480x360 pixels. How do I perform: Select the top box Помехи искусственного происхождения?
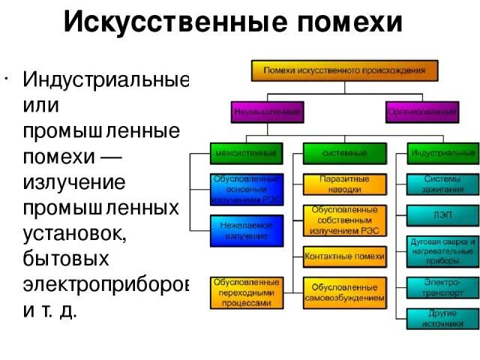coord(344,70)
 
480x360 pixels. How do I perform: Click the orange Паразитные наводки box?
coord(344,184)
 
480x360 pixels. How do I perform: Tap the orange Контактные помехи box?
coord(344,257)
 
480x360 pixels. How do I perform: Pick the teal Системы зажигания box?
coord(443,184)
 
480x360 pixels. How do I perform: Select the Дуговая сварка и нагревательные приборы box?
coord(443,248)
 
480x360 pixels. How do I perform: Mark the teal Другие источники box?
coord(443,318)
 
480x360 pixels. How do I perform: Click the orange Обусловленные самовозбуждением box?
coord(344,292)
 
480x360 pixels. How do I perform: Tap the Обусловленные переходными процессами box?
coord(247,293)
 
